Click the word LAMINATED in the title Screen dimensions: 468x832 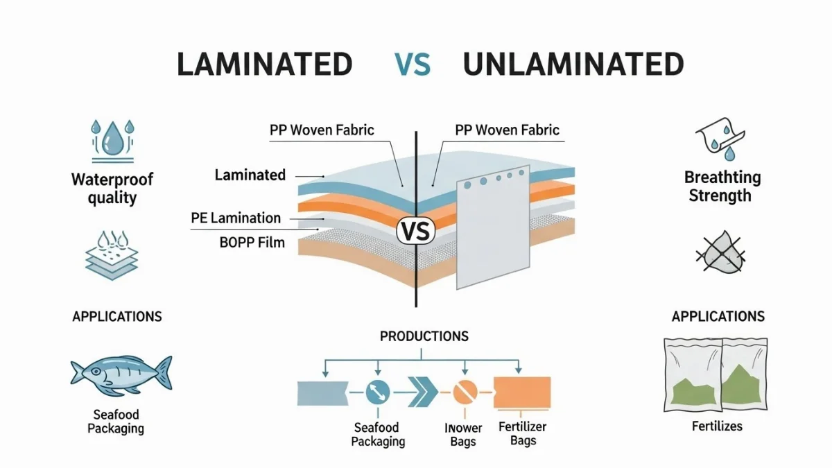coord(264,64)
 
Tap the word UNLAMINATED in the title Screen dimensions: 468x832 coord(573,64)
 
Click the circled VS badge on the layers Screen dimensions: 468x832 coord(415,232)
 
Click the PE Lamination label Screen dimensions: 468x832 coord(236,218)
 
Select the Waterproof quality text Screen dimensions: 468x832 coord(112,189)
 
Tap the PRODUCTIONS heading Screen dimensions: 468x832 coord(424,336)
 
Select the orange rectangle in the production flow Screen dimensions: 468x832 coord(521,392)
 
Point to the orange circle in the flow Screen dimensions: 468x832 coord(462,393)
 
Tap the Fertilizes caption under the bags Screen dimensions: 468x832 coord(717,426)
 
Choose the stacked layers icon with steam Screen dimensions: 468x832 coord(111,257)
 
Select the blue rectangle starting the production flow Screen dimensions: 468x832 coord(321,392)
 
